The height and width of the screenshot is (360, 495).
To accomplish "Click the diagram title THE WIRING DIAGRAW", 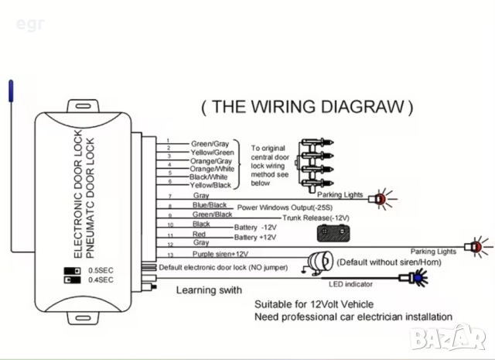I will pyautogui.click(x=307, y=106).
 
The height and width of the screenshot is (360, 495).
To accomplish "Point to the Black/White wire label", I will pyautogui.click(x=209, y=177).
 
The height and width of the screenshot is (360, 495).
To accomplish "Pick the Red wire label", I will pyautogui.click(x=199, y=233).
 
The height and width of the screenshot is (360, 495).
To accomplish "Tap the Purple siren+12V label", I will pyautogui.click(x=220, y=253).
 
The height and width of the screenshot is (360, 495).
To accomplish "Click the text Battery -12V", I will pyautogui.click(x=255, y=227).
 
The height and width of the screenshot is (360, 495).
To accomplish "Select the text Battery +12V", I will pyautogui.click(x=255, y=237).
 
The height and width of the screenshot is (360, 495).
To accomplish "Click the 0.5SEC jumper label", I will pyautogui.click(x=101, y=270).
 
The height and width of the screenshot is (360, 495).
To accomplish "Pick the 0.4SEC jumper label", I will pyautogui.click(x=101, y=279).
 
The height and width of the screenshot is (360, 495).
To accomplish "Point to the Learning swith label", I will pyautogui.click(x=209, y=290).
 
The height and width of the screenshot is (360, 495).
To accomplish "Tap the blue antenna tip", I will pyautogui.click(x=11, y=91).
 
